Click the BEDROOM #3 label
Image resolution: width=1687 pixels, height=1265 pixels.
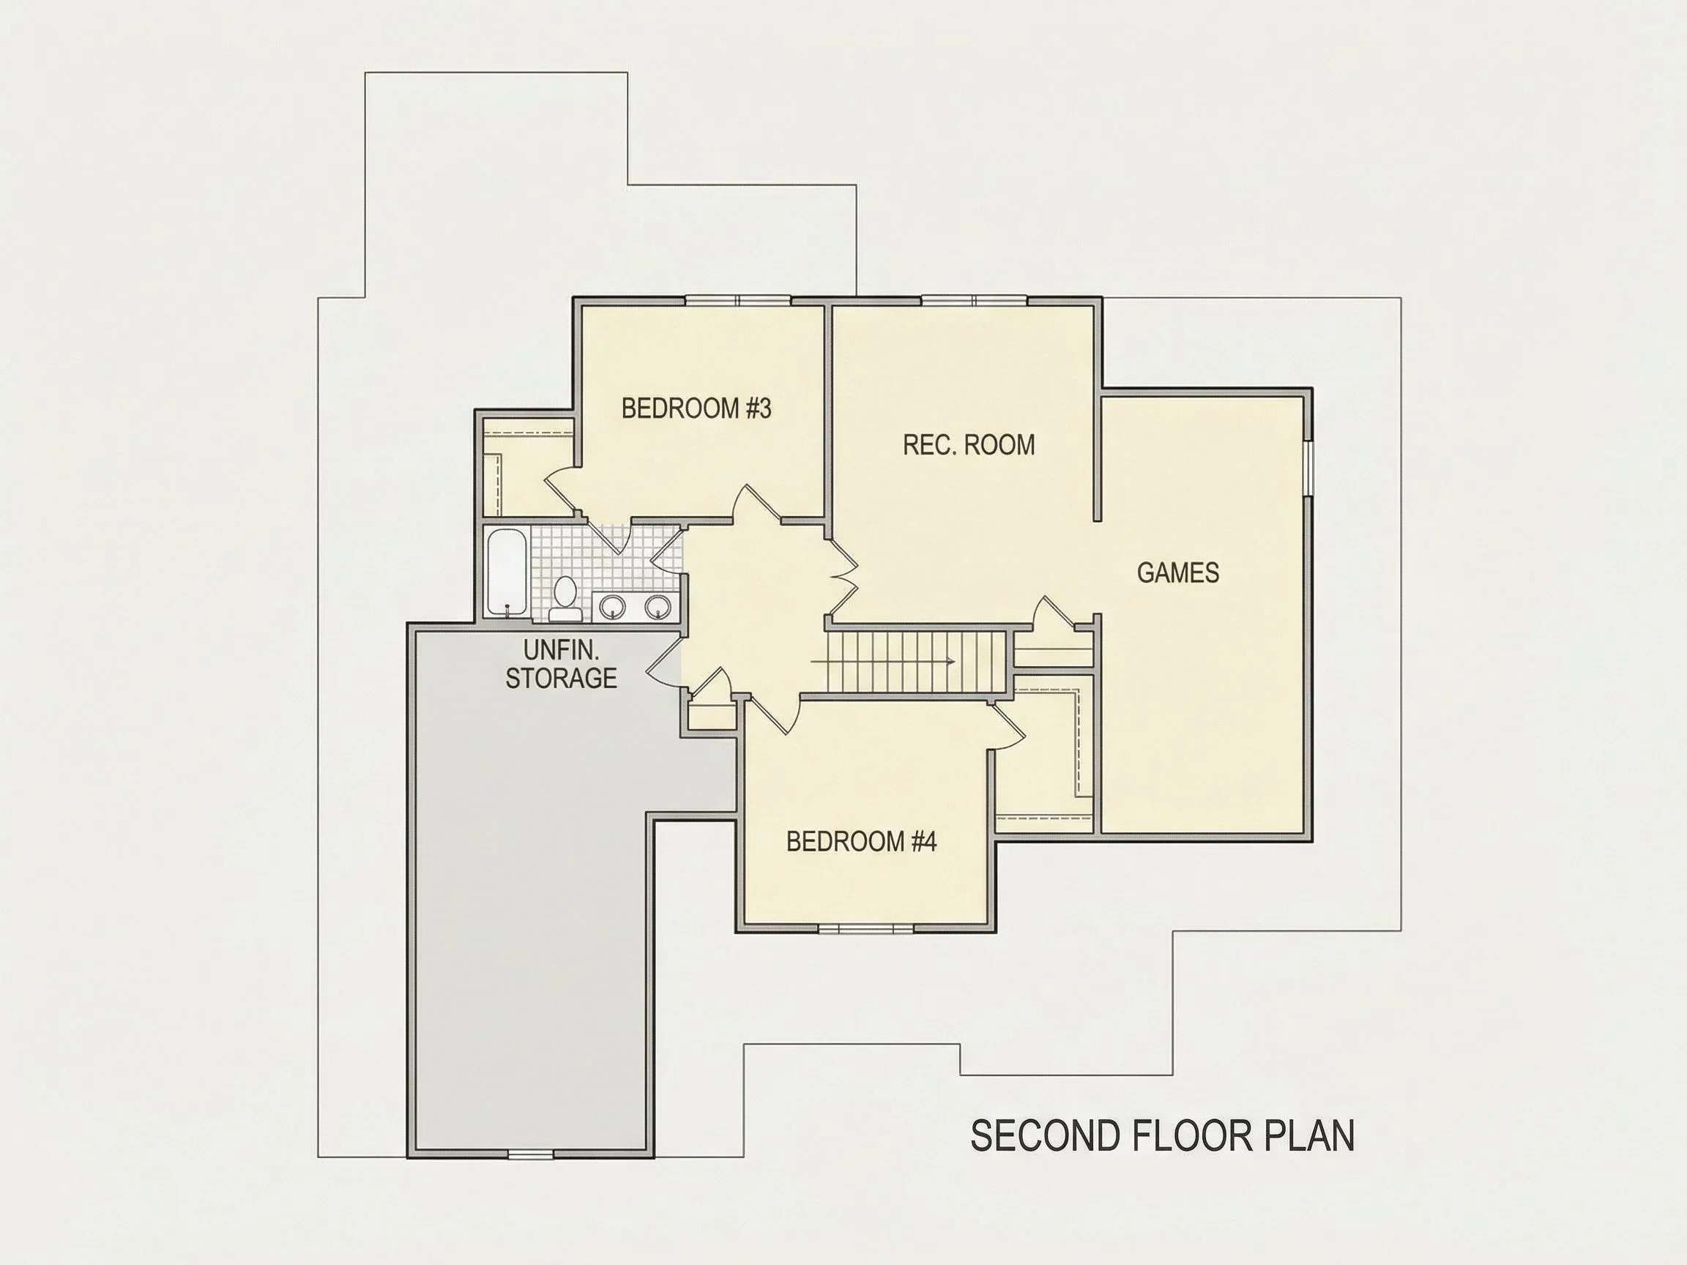[x=696, y=408]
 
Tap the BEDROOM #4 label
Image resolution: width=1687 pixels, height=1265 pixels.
[x=861, y=842]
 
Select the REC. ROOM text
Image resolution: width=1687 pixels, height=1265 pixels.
[x=969, y=444]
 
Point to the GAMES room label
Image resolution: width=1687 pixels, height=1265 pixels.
[x=1177, y=572]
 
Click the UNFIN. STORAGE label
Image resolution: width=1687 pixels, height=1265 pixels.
[x=562, y=664]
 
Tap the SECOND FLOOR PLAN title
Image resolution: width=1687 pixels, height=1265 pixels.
[x=1162, y=1135]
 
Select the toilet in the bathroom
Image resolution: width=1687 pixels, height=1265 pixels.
[x=565, y=599]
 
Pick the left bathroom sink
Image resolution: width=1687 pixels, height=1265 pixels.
[x=612, y=607]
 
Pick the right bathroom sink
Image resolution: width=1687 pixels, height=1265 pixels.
[x=658, y=607]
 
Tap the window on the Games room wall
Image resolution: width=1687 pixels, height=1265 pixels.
[x=1307, y=469]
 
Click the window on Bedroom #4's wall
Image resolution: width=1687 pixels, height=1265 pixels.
[x=865, y=928]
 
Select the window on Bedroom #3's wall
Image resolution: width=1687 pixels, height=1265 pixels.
[x=738, y=299]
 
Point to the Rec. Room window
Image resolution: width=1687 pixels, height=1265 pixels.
[x=975, y=299]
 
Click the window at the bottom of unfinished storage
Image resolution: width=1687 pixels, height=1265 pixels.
[x=531, y=1154]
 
